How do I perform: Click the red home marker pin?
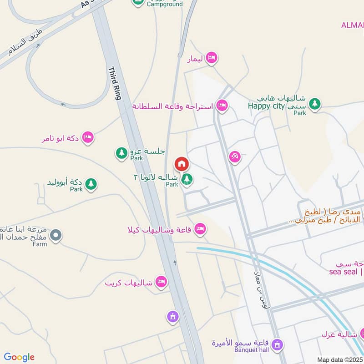click(182, 164)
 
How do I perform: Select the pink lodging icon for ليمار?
click(211, 58)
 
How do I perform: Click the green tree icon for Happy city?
click(314, 105)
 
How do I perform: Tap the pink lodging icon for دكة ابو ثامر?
click(88, 137)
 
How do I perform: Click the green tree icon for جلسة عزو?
click(121, 152)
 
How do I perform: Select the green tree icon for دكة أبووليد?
click(91, 184)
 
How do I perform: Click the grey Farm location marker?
click(56, 235)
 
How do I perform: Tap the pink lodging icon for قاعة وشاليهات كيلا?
click(200, 229)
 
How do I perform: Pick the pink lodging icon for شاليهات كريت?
click(161, 283)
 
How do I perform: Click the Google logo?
click(19, 357)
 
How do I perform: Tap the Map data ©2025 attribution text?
click(339, 359)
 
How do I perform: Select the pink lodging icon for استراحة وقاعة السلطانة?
click(222, 106)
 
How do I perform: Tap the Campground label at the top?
click(164, 4)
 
